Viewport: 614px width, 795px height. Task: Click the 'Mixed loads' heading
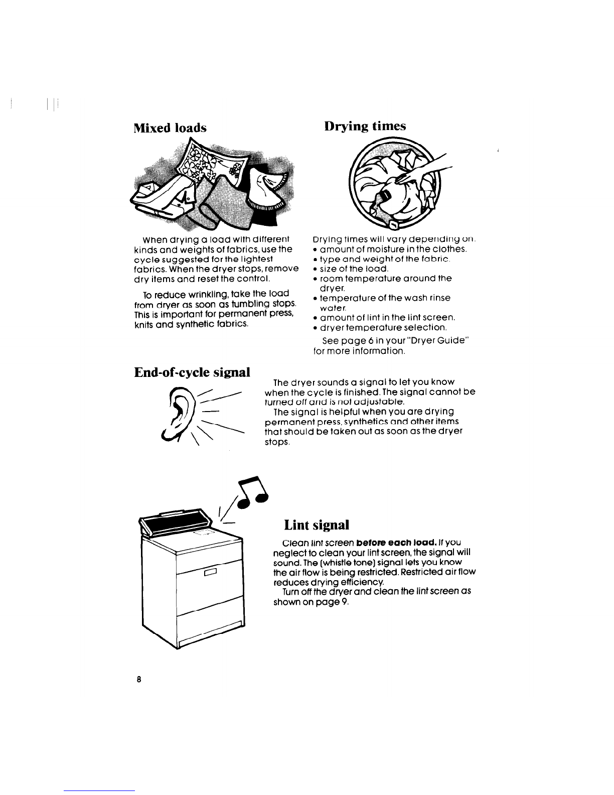coord(170,127)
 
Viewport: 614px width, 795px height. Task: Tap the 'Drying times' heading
coord(365,125)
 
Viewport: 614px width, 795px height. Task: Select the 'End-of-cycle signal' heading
coord(192,372)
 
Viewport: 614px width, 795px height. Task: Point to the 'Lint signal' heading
coord(316,525)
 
